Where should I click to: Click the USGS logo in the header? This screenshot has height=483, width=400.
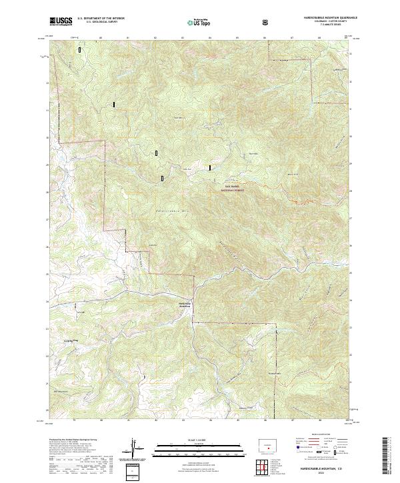pyautogui.click(x=61, y=21)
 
